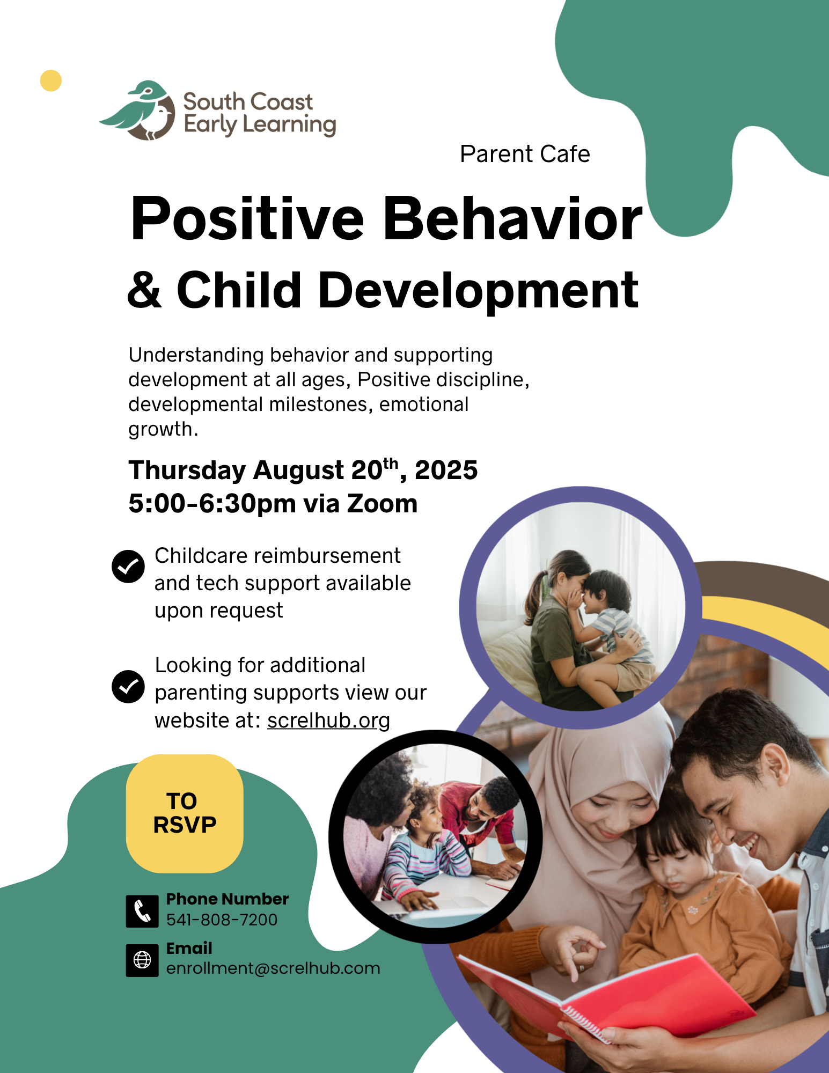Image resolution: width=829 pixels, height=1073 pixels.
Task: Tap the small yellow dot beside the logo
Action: point(51,80)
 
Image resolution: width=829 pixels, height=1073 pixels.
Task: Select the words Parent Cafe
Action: point(525,154)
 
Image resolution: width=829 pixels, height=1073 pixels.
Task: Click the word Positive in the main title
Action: point(247,219)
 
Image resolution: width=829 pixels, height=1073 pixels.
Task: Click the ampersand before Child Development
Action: point(144,290)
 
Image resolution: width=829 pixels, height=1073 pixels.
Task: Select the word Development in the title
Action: point(478,291)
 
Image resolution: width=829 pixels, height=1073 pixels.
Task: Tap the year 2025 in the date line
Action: point(446,470)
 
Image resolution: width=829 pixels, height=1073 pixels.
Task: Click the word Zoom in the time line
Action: point(382,504)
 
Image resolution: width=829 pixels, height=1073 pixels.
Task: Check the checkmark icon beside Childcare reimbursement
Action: point(128,566)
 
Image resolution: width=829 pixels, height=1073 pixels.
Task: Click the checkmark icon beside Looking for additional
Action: point(128,686)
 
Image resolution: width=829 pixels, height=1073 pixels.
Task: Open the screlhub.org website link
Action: point(328,721)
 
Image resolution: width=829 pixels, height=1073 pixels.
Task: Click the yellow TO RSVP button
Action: point(185,813)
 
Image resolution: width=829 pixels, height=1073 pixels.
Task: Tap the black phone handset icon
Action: point(142,911)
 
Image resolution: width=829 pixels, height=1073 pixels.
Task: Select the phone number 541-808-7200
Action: point(222,920)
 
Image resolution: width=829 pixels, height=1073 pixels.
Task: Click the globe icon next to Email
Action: point(142,960)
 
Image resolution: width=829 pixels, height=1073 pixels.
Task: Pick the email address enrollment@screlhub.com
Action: point(273,968)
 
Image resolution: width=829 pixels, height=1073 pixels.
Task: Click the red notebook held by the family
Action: point(606,998)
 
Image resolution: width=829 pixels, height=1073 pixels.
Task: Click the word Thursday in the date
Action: point(187,471)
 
